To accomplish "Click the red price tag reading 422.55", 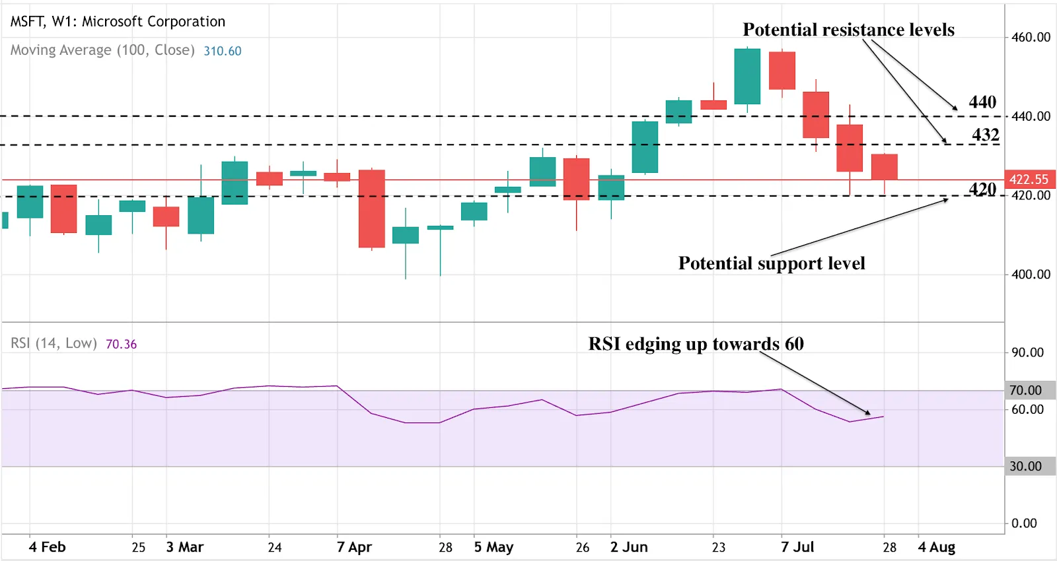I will (x=1029, y=180).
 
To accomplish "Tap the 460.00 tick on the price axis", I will (x=1031, y=38).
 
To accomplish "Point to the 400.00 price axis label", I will (x=1031, y=274).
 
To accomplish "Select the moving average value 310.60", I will (x=222, y=51).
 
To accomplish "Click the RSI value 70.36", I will (x=121, y=344).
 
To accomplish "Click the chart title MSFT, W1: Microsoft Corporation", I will (x=118, y=22).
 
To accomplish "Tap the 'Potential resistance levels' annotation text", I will (x=848, y=30).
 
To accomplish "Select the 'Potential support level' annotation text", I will (x=771, y=263).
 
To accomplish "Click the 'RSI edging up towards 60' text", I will (x=696, y=344).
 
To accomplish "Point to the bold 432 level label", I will (x=985, y=135).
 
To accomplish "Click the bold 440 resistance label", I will (x=982, y=102).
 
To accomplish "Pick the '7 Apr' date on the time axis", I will (x=354, y=547).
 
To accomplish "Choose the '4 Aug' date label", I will (x=936, y=547).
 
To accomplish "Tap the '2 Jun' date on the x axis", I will (x=628, y=547).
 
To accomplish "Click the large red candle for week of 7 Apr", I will (x=372, y=209).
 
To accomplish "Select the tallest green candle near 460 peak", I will (x=747, y=77).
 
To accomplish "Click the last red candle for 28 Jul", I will (x=884, y=167).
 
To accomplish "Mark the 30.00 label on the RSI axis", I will (x=1025, y=467).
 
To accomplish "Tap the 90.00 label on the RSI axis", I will (x=1027, y=352).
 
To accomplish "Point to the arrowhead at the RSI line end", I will (x=868, y=413).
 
